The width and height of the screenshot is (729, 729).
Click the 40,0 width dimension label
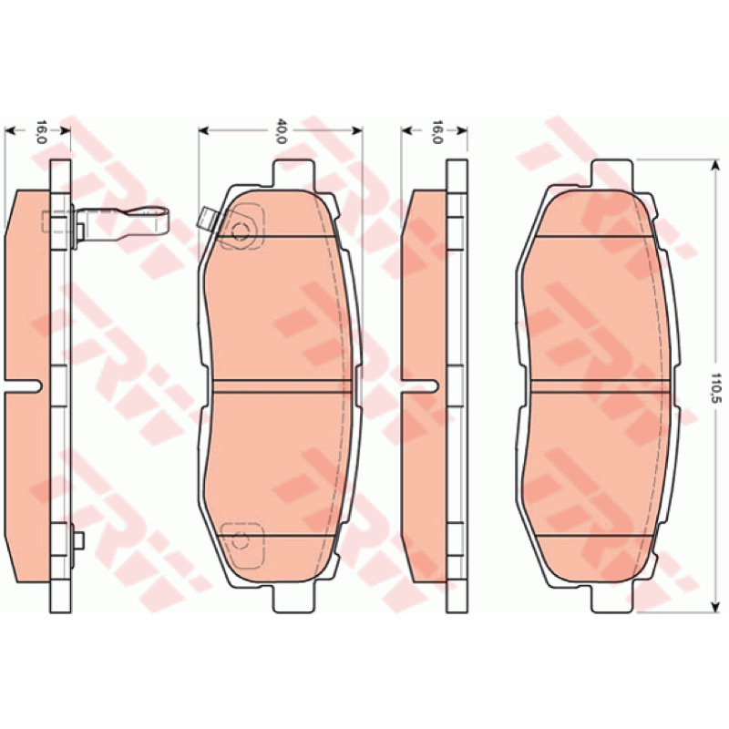click(x=281, y=131)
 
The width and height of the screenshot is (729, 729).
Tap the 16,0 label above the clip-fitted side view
click(x=41, y=131)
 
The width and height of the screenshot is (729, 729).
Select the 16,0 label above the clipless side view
click(x=436, y=131)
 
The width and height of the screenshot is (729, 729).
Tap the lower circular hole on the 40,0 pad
click(x=240, y=540)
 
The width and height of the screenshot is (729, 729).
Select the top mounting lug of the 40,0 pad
click(x=293, y=173)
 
